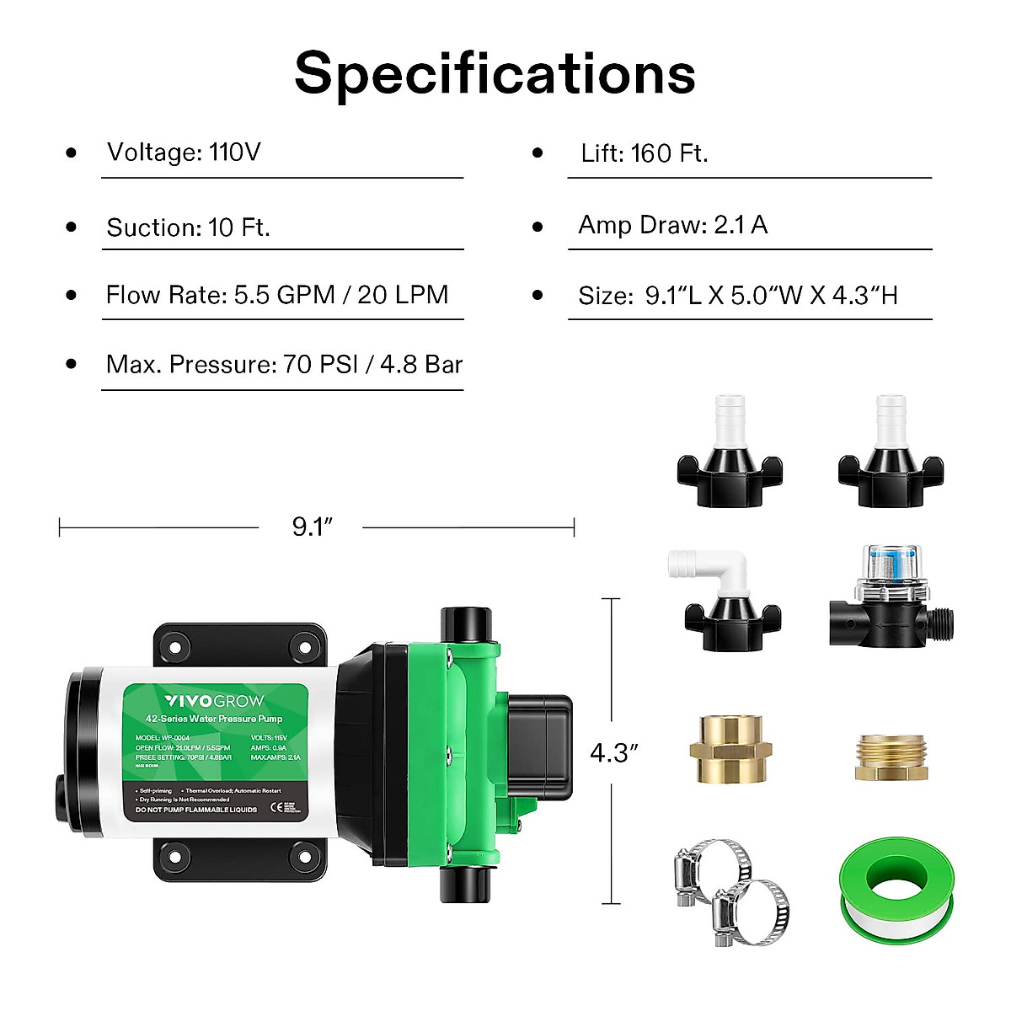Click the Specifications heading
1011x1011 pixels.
coord(495,74)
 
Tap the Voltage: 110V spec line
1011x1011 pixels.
coord(184,152)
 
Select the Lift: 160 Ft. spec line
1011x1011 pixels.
coord(645,153)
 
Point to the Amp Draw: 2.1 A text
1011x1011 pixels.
coord(672,225)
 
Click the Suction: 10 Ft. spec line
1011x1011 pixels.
coord(188,227)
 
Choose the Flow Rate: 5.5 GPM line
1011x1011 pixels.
coord(276,295)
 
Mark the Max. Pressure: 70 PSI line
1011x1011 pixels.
coord(284,365)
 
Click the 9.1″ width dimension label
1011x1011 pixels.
coord(313,527)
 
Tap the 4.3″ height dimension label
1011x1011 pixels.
coord(613,752)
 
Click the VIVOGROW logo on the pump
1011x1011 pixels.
coord(214,701)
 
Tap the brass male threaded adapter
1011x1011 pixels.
coord(892,756)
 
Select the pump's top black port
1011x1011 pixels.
coord(464,624)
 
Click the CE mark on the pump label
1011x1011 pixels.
coord(275,807)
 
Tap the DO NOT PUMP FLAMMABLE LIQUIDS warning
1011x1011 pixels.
coord(196,810)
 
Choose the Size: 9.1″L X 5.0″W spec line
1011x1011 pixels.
coord(737,296)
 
